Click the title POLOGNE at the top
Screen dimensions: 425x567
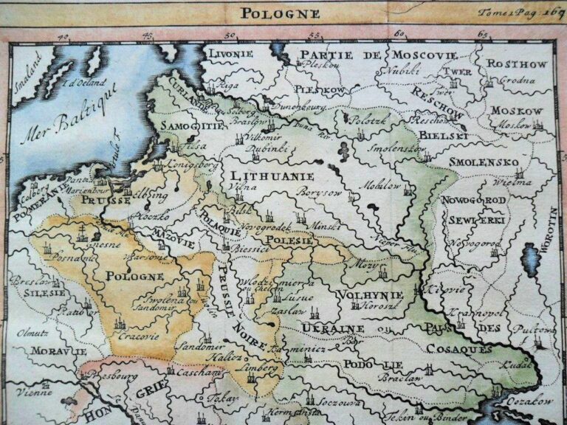[279, 13]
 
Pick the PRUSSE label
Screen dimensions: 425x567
[106, 200]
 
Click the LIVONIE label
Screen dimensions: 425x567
[231, 55]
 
